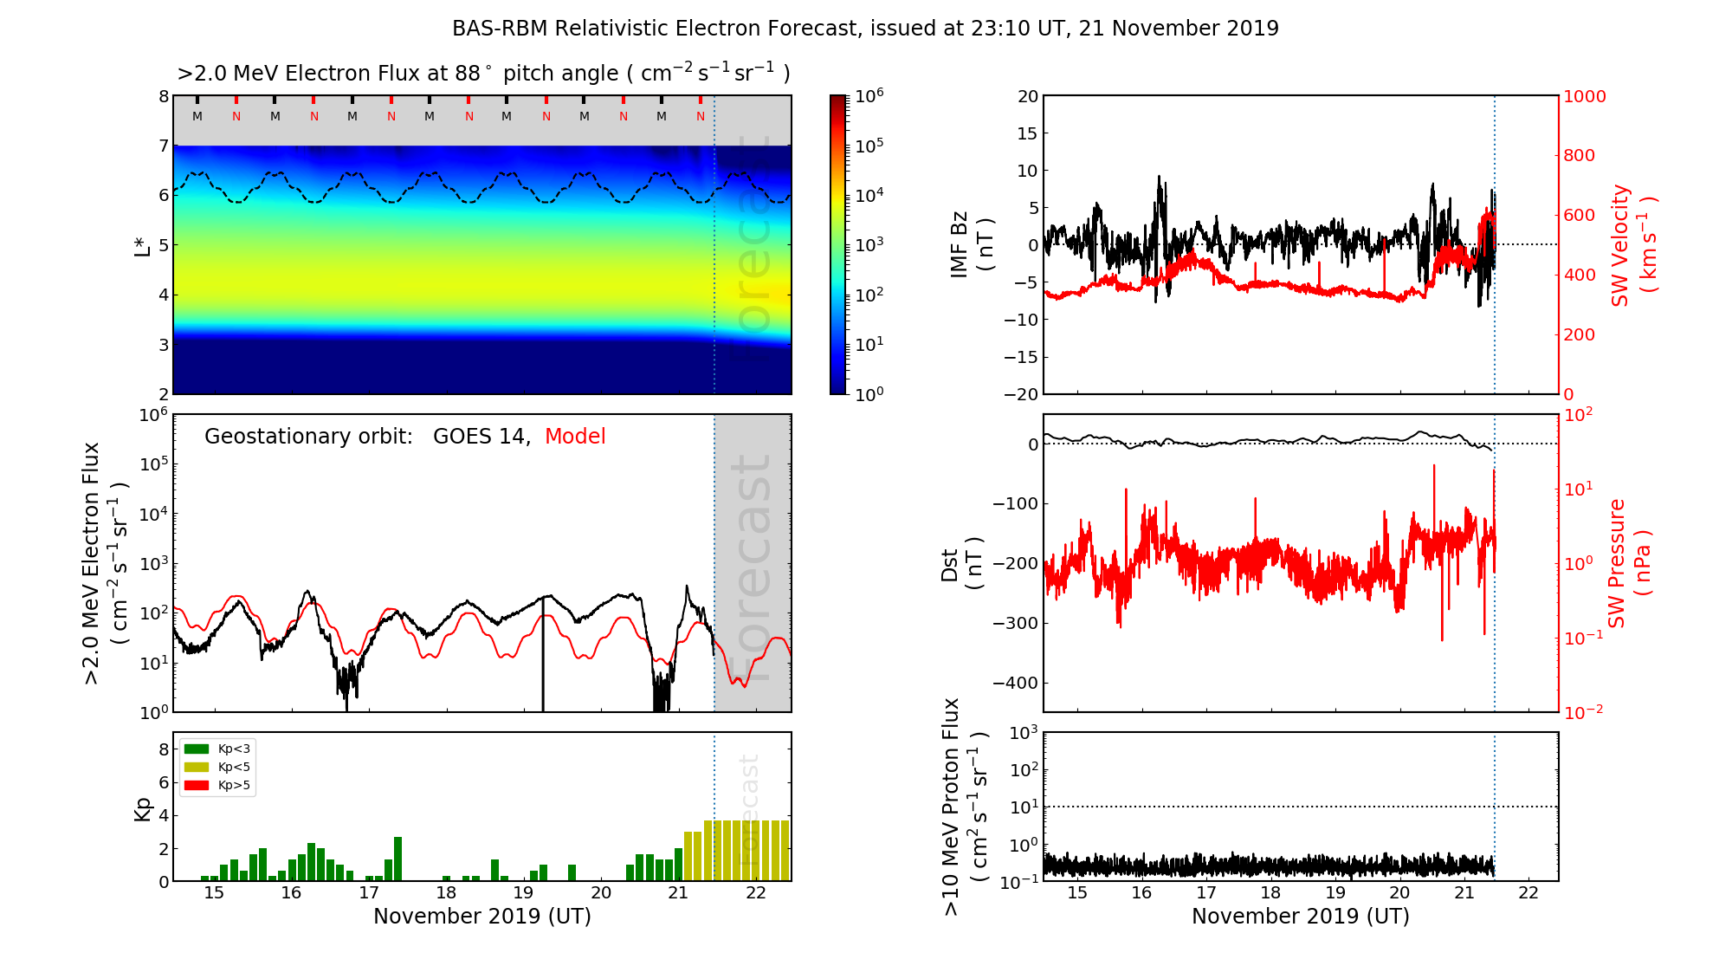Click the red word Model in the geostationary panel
point(575,437)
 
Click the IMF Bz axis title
point(972,245)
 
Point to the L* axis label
point(142,245)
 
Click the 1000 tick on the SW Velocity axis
point(1584,96)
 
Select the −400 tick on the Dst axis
point(1015,683)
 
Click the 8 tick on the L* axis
point(163,96)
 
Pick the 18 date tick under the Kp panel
point(446,893)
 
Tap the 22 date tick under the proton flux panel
point(1528,893)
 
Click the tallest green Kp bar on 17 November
point(397,859)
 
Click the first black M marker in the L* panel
point(197,116)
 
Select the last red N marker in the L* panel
point(701,116)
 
